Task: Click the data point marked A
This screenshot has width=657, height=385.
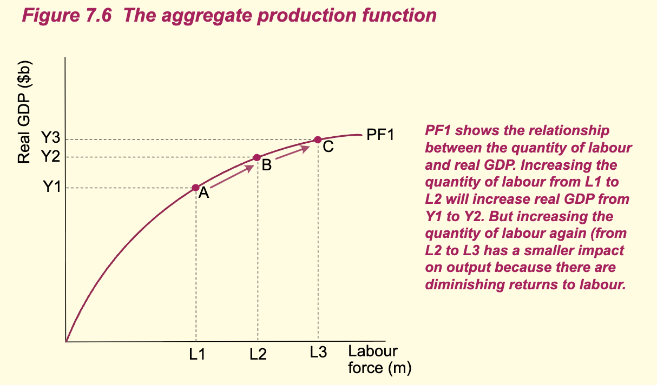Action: click(196, 188)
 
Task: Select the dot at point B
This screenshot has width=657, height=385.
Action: click(258, 157)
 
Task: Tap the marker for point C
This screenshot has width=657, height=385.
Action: click(318, 140)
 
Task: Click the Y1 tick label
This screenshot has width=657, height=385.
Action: click(51, 188)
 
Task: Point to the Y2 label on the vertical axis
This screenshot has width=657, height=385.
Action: click(51, 157)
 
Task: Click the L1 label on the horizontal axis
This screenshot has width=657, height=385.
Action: click(197, 355)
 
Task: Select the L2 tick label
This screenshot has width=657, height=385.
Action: click(258, 355)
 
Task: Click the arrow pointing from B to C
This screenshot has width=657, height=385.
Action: click(292, 152)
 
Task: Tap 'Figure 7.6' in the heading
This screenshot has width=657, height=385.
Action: click(67, 15)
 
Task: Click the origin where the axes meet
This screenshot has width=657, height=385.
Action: click(66, 342)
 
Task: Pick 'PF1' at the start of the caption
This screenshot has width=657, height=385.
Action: click(439, 131)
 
